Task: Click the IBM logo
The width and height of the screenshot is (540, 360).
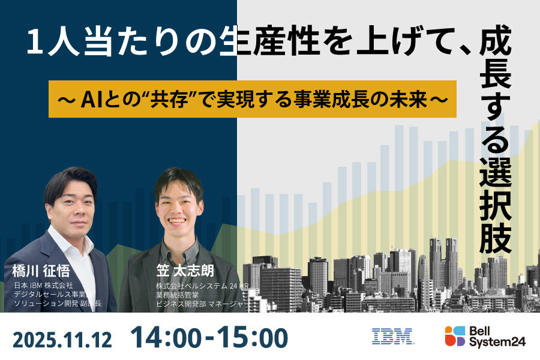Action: [393, 336]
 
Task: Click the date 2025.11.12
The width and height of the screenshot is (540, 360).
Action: [62, 338]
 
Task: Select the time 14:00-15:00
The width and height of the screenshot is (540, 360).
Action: [209, 337]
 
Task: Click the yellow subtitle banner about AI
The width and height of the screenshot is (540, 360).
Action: [253, 98]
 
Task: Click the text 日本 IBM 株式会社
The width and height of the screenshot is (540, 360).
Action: [43, 285]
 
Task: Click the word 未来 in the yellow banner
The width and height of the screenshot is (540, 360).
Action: [409, 98]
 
